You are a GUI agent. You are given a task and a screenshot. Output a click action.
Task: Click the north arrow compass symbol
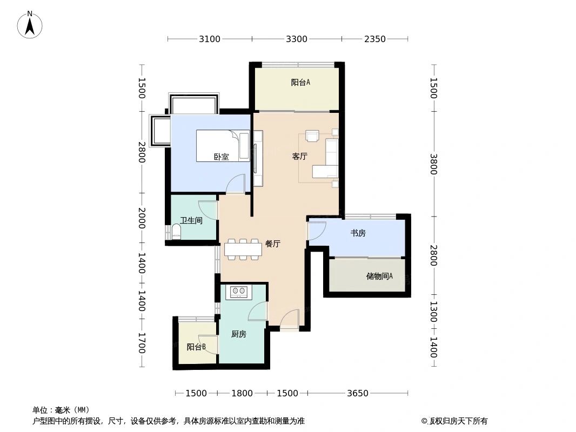30,25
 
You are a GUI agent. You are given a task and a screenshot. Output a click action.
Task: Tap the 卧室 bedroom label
221,157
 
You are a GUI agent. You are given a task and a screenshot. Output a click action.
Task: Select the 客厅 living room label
299,157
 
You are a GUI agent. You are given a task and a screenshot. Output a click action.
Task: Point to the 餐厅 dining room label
273,244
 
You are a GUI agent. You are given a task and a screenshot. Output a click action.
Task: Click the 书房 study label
358,233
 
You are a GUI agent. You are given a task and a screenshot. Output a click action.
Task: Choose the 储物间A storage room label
379,275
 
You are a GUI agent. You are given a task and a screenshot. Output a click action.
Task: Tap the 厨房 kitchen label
239,334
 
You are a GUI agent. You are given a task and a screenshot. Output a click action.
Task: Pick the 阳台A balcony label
300,82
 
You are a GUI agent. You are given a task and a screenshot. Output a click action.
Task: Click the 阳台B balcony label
196,347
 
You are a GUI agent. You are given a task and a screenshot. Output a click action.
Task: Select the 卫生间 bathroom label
191,220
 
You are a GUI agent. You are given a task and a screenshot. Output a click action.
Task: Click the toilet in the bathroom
177,231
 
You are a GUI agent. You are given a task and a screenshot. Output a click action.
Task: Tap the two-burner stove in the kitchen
239,292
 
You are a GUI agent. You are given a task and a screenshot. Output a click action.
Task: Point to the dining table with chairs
243,249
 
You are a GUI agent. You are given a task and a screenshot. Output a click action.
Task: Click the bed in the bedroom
223,146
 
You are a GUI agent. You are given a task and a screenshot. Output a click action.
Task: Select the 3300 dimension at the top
297,39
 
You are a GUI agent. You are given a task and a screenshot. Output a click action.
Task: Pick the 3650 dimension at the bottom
357,393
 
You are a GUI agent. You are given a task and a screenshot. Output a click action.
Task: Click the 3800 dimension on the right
433,164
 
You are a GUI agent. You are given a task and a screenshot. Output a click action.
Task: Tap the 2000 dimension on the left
142,218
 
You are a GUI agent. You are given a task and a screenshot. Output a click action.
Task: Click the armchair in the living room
313,136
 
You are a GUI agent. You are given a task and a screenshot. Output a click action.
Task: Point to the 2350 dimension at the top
374,39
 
